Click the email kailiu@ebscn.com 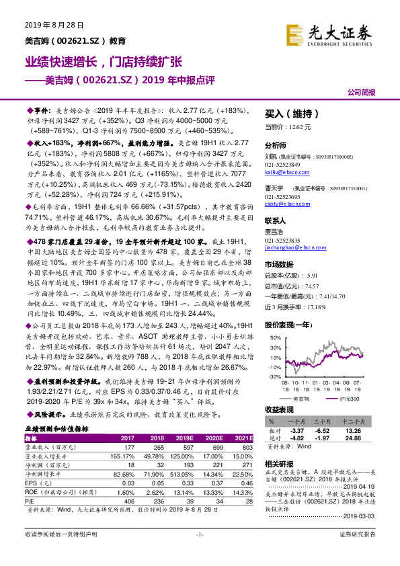coord(282,172)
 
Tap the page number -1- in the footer coord(199,553)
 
